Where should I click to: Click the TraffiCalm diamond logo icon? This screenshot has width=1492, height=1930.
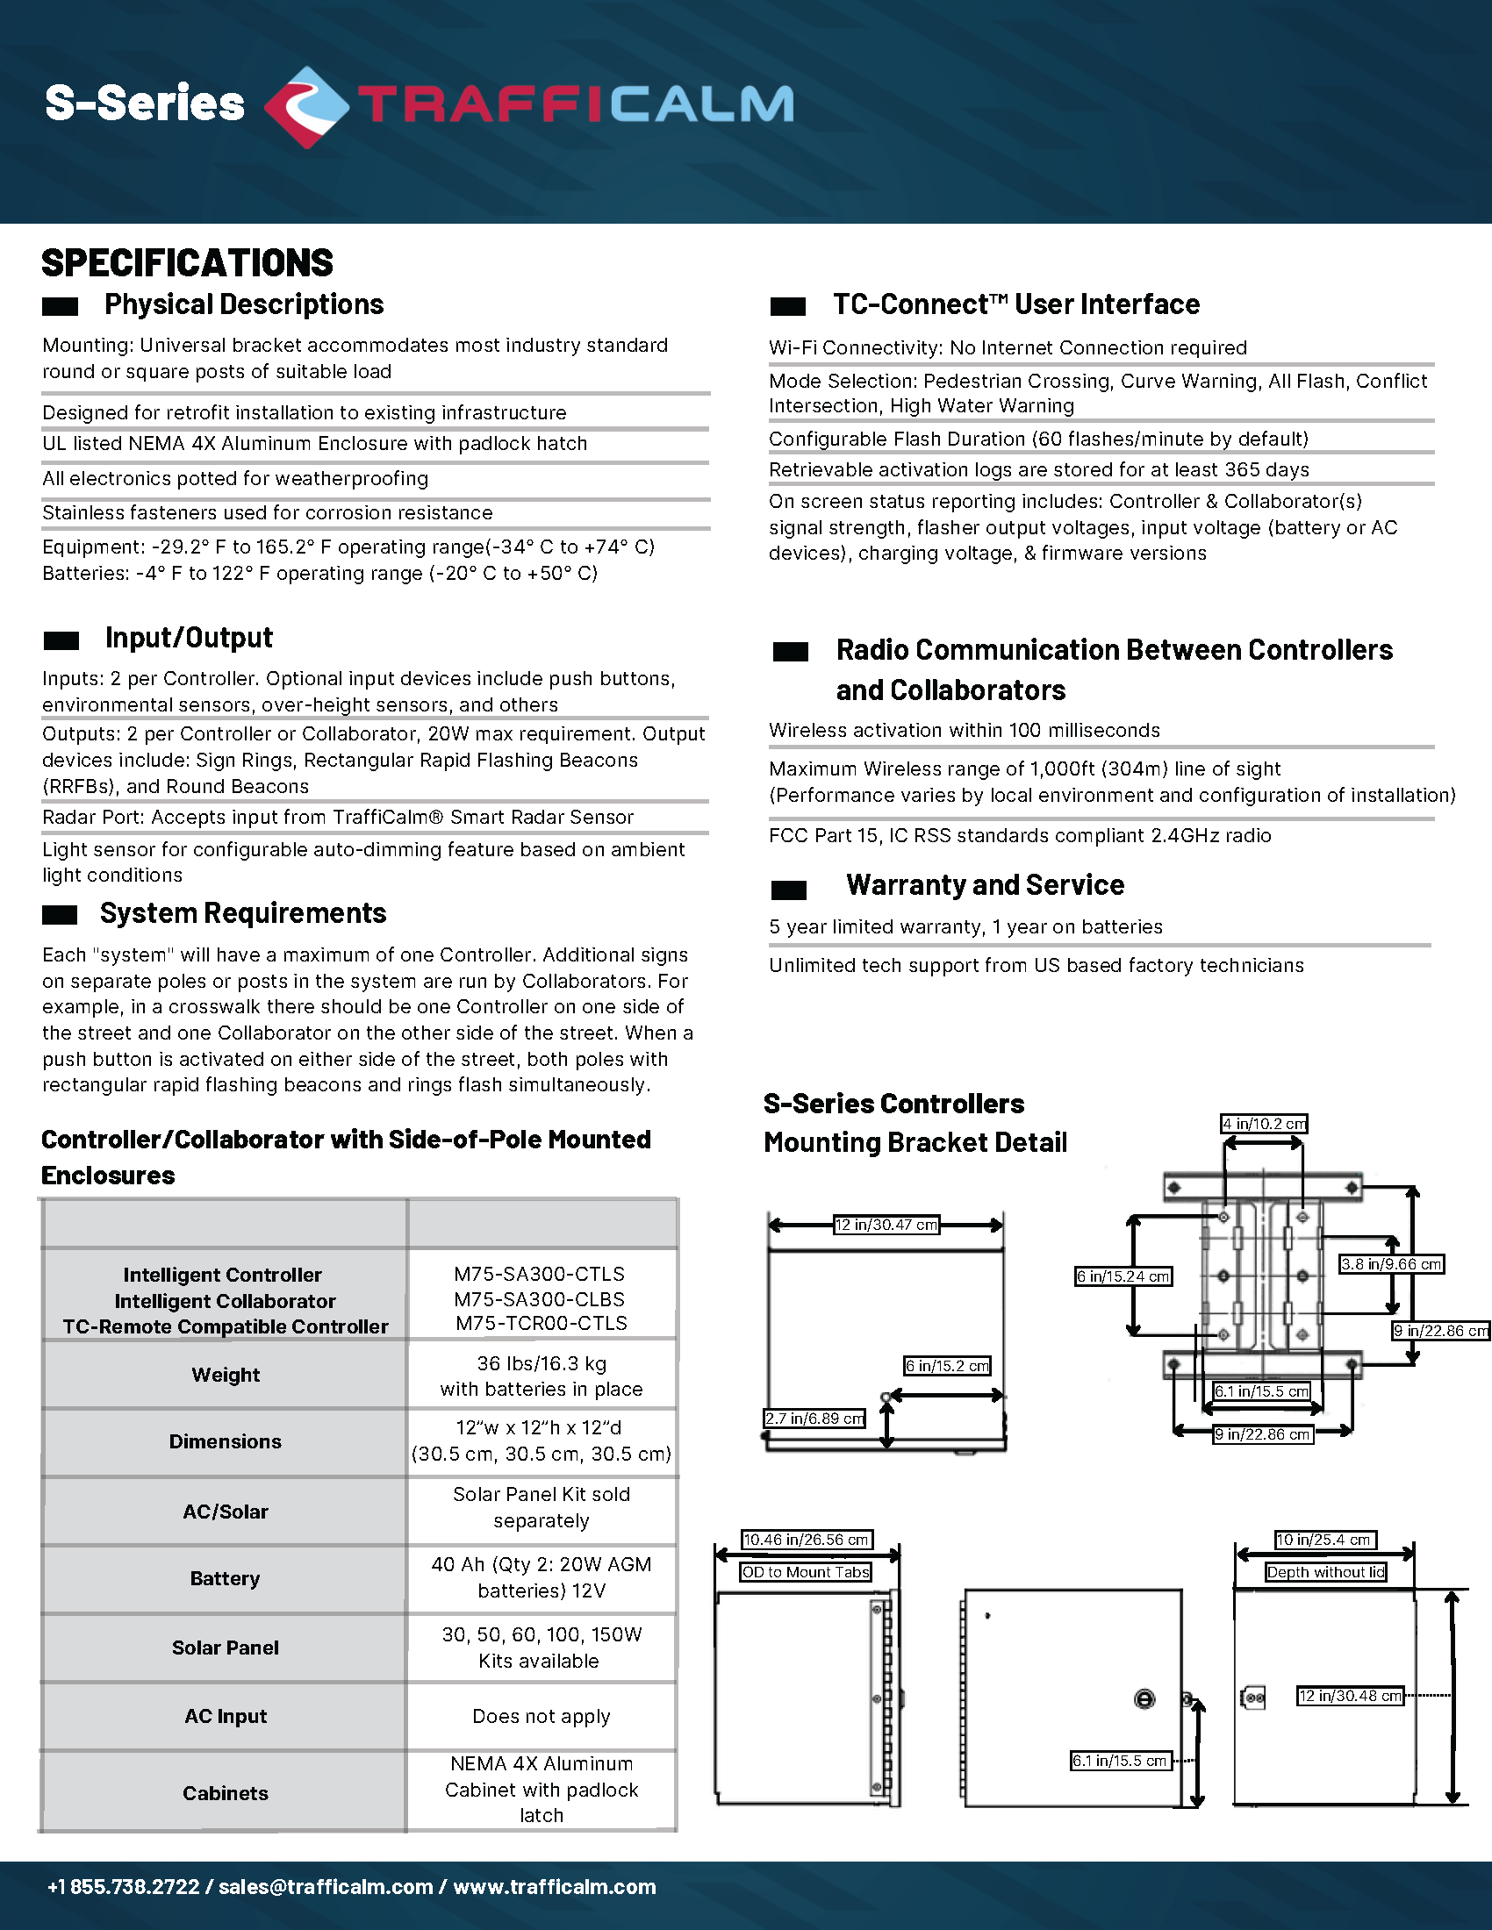point(305,106)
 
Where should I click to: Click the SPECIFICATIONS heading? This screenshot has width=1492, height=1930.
point(188,263)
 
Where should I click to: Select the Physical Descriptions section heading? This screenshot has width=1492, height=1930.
point(244,305)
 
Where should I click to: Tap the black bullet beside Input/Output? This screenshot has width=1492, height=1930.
point(61,640)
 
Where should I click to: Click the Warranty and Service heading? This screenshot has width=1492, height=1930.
point(985,885)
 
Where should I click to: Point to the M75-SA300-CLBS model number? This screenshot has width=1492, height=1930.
point(539,1299)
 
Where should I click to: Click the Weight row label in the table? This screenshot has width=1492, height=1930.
point(226,1375)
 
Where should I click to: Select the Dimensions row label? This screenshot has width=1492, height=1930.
point(226,1441)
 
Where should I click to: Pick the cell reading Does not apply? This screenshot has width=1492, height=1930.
point(541,1716)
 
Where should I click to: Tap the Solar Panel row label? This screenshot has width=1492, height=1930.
point(226,1648)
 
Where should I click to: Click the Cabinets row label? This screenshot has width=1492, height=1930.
point(226,1793)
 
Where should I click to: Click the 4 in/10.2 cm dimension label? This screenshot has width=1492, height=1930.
point(1264,1124)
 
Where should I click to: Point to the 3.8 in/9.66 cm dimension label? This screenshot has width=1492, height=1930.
point(1391,1264)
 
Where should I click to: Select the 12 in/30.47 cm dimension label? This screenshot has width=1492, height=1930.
point(886,1225)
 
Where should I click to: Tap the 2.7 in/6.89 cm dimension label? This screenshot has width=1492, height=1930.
point(815,1419)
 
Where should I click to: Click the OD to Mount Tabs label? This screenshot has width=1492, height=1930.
point(806,1572)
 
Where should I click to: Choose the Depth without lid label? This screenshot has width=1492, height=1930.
point(1326,1572)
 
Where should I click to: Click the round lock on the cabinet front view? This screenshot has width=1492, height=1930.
point(1144,1699)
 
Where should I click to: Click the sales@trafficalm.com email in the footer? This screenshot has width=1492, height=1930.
point(326,1887)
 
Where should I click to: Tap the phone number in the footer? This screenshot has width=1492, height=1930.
point(124,1887)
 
